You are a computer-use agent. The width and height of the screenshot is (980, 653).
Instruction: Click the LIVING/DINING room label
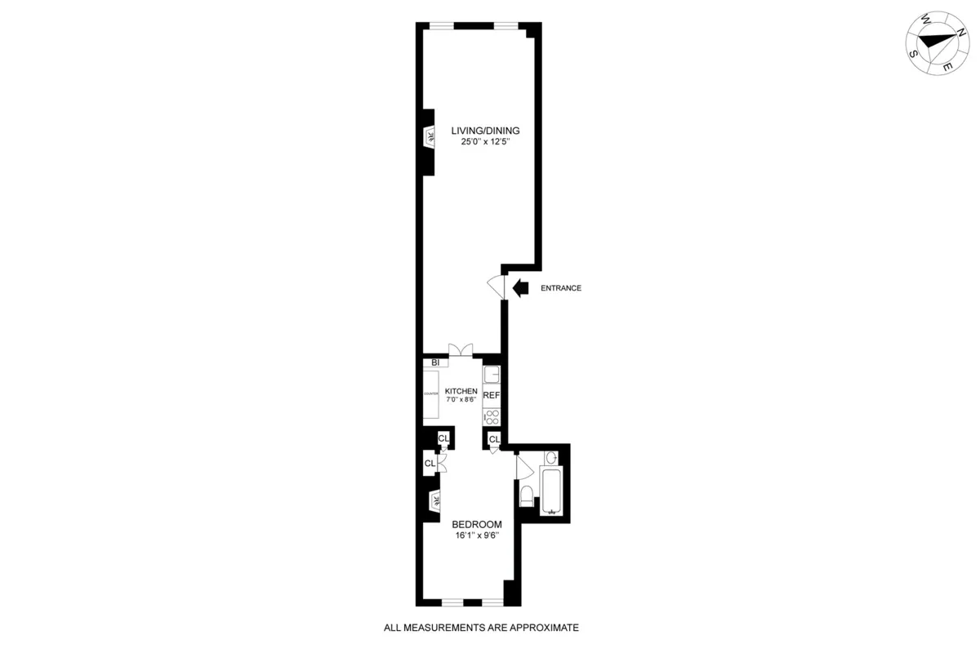[485, 131]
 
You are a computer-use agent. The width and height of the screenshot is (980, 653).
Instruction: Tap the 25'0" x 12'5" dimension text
[485, 144]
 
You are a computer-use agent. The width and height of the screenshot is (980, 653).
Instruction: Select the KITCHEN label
[461, 391]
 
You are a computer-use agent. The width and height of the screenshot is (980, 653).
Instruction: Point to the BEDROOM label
[476, 524]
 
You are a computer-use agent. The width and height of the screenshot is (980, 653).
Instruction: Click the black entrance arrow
[521, 287]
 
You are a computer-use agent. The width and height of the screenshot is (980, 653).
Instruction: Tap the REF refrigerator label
[491, 395]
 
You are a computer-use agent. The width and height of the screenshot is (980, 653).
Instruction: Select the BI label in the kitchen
[435, 362]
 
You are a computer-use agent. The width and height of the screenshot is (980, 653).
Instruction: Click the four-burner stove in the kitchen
[491, 415]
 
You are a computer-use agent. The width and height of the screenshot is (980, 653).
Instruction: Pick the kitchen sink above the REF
[491, 375]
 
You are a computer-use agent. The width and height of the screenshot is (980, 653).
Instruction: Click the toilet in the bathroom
[527, 494]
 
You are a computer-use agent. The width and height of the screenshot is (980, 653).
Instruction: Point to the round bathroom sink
[550, 457]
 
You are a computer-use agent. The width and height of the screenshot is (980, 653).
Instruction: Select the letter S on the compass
[913, 53]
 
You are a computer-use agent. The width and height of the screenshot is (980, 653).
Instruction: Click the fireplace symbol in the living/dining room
[428, 135]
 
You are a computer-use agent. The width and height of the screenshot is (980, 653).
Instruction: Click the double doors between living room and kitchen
[460, 350]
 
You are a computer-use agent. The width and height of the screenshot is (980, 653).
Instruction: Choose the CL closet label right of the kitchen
[494, 440]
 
